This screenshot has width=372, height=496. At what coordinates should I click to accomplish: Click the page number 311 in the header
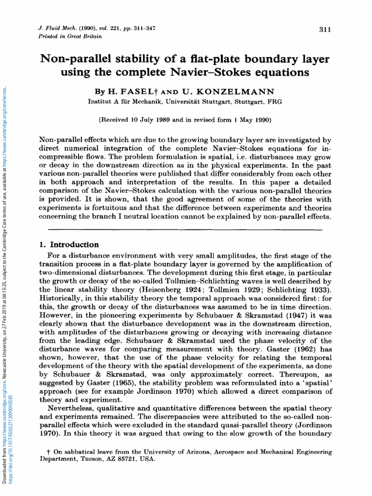point(325,30)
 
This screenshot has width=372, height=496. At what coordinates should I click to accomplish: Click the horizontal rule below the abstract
point(186,230)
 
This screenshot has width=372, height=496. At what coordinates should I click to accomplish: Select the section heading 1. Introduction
point(68,245)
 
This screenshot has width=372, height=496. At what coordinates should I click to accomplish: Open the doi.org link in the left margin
point(11,436)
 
